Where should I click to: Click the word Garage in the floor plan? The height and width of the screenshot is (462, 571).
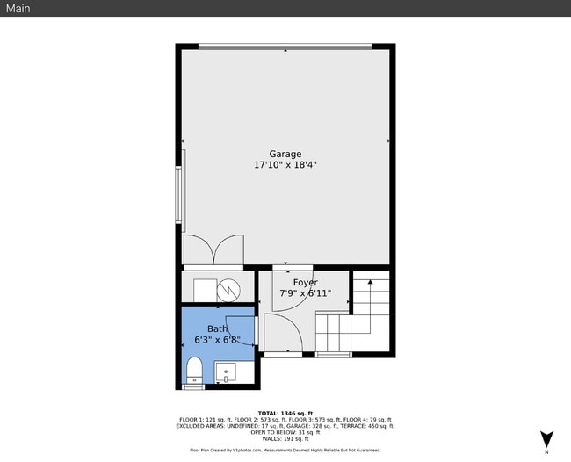[285, 154]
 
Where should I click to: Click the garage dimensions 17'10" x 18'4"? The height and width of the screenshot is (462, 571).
[285, 164]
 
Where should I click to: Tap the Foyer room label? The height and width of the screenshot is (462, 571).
[305, 282]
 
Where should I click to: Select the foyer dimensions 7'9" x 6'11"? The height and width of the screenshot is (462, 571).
[305, 293]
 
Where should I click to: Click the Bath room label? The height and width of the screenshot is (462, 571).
[217, 328]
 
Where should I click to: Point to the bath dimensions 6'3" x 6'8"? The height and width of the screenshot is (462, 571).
[217, 339]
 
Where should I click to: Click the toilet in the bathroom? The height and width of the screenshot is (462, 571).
[193, 371]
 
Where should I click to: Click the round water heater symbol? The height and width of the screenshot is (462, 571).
[229, 289]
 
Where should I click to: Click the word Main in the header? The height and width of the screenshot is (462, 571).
[18, 8]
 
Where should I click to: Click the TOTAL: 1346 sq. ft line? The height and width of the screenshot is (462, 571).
[285, 413]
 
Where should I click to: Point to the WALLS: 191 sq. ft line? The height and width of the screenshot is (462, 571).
[285, 438]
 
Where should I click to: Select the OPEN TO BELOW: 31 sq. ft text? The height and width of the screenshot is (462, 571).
[285, 432]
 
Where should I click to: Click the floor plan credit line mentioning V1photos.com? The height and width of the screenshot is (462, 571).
[285, 450]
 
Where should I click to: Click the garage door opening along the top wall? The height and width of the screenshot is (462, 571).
[285, 47]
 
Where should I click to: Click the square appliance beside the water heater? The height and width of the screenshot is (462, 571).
[205, 289]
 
